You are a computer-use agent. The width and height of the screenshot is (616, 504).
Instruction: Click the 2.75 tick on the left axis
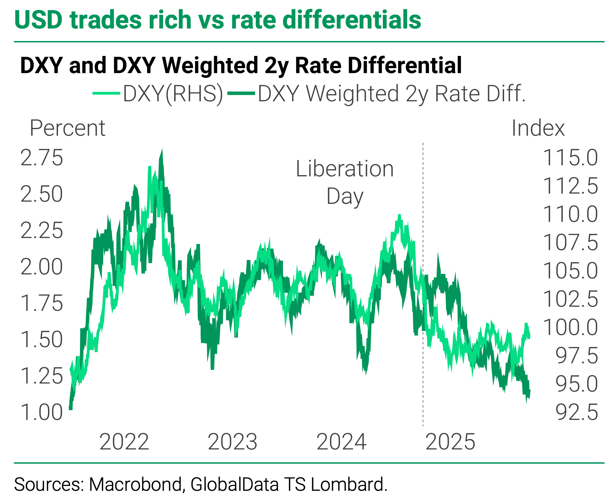pyautogui.click(x=42, y=158)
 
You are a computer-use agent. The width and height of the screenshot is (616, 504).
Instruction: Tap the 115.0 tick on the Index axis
pyautogui.click(x=570, y=158)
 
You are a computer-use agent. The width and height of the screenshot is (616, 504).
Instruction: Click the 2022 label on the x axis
pyautogui.click(x=124, y=442)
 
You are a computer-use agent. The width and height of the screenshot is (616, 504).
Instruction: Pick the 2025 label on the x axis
pyautogui.click(x=450, y=442)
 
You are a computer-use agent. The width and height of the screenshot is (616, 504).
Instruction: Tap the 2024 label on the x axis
pyautogui.click(x=341, y=442)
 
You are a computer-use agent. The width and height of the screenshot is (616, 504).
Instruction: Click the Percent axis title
pyautogui.click(x=67, y=128)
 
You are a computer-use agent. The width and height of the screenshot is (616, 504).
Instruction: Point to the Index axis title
pyautogui.click(x=538, y=128)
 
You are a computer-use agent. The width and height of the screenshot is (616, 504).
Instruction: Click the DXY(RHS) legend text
pyautogui.click(x=173, y=94)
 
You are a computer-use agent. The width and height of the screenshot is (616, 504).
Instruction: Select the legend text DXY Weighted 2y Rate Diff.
pyautogui.click(x=391, y=94)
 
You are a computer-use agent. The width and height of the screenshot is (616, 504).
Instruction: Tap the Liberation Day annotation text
pyautogui.click(x=345, y=182)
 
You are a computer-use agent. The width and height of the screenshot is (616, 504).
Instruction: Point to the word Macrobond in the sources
pyautogui.click(x=135, y=485)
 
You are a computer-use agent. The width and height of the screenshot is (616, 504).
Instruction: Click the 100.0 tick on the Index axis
pyautogui.click(x=570, y=327)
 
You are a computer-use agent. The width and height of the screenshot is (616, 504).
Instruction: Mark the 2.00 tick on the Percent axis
pyautogui.click(x=42, y=267)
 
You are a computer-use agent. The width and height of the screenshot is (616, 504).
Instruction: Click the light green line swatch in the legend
pyautogui.click(x=106, y=93)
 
